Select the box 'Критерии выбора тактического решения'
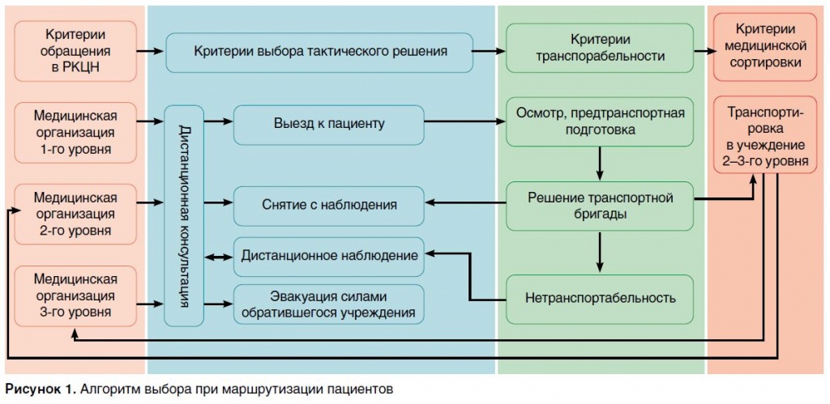(x=320, y=51)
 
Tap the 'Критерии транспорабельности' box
(x=600, y=49)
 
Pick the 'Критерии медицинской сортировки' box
(x=764, y=50)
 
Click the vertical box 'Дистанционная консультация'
(x=184, y=215)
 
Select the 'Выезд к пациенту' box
(x=328, y=124)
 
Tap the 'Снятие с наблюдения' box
(x=328, y=205)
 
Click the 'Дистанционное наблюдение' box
(x=328, y=256)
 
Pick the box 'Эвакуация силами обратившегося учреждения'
(x=328, y=303)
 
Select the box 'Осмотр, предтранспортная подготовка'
(x=600, y=121)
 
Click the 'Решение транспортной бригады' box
(x=600, y=206)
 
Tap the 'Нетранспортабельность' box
(x=600, y=298)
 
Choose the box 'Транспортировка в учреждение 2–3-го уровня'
(x=764, y=136)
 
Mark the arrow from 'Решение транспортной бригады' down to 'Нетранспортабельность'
(x=600, y=252)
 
